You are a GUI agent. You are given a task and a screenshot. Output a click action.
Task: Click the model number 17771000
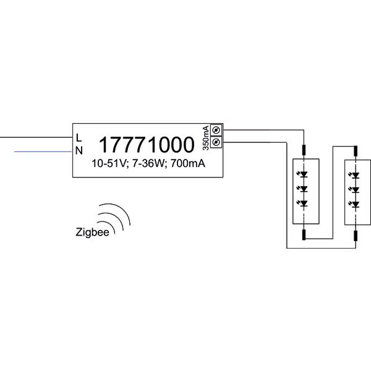[x=147, y=145]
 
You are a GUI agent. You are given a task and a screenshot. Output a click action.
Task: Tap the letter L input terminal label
[x=79, y=138]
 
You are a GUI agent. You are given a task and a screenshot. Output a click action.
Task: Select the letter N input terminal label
[x=79, y=150]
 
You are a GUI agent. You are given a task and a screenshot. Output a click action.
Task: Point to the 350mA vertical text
[x=206, y=138]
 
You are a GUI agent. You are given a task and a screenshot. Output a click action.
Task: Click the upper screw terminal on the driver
[x=216, y=130]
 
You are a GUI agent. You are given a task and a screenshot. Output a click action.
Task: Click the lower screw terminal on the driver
[x=216, y=142]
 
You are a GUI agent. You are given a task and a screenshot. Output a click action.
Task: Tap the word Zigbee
[x=92, y=232]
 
